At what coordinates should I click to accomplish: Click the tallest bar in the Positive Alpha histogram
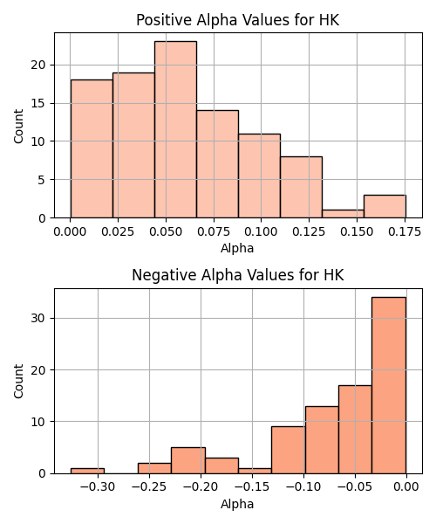pos(175,129)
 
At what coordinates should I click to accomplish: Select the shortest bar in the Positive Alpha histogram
pos(343,214)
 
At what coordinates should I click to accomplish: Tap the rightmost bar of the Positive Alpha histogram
pos(385,206)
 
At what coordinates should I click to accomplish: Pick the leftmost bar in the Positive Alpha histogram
pos(92,148)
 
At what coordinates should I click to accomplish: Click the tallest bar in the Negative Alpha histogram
pos(389,385)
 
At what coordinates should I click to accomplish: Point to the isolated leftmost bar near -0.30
pos(87,471)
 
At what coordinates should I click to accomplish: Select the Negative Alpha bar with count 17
pos(355,430)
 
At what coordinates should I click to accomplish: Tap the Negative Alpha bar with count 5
pos(188,460)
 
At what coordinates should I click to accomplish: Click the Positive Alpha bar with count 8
pos(301,187)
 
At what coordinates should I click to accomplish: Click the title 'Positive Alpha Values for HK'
pos(237,20)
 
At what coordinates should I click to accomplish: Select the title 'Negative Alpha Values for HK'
pos(237,275)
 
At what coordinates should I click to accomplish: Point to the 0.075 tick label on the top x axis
pos(214,231)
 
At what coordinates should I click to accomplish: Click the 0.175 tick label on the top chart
pos(405,231)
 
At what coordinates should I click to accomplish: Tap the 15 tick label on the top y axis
pos(38,103)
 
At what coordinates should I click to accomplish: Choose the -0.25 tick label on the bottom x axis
pos(149,487)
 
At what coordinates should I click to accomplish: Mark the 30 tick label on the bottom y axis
pos(38,318)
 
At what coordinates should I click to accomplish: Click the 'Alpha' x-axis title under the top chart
pos(237,248)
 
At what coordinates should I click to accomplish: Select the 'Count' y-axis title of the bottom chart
pos(18,381)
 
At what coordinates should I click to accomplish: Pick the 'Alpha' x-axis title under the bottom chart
pos(237,504)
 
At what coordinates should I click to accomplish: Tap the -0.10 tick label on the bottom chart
pos(303,487)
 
